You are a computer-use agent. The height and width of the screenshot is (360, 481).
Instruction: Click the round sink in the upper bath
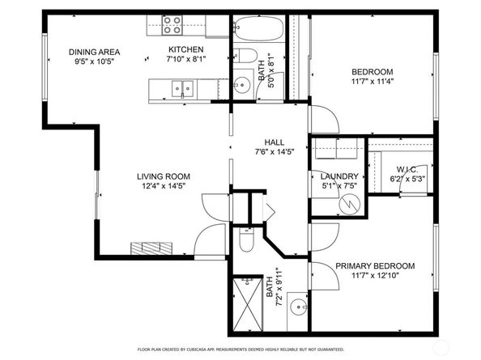pyautogui.click(x=241, y=83)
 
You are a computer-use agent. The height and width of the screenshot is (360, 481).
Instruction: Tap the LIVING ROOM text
pyautogui.click(x=162, y=176)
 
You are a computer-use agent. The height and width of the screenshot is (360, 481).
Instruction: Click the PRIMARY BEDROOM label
pyautogui.click(x=375, y=266)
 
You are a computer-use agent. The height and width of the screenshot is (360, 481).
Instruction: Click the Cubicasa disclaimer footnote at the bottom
pyautogui.click(x=240, y=349)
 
